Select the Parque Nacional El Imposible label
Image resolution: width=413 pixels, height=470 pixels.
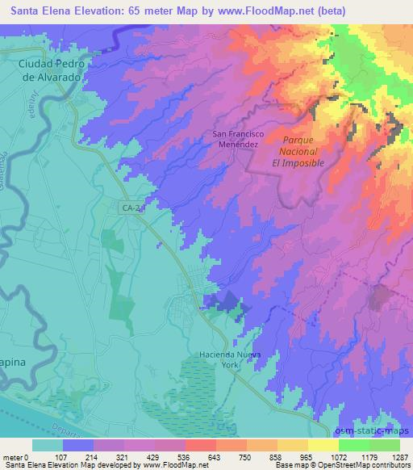tap(298, 150)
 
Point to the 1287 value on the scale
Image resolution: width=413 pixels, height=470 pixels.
tap(400, 457)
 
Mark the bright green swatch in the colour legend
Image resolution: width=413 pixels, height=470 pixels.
tap(356, 445)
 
